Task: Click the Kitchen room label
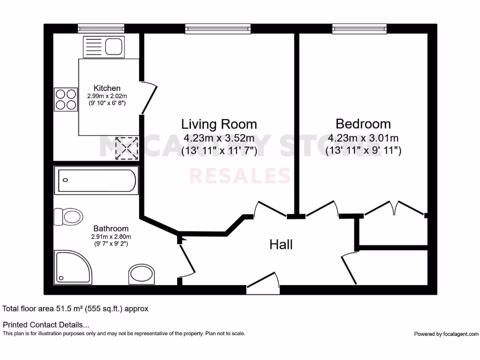[107, 88]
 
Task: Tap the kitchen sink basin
[114, 46]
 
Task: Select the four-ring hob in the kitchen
[66, 98]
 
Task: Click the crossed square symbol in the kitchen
[127, 148]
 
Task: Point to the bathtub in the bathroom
[96, 181]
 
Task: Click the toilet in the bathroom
[69, 217]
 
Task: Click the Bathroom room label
[111, 229]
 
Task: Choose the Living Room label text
[219, 124]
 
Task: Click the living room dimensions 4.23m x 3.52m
[219, 138]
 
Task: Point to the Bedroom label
[363, 124]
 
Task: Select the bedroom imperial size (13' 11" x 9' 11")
[363, 151]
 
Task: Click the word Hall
[281, 244]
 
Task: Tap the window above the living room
[217, 29]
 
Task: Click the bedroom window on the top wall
[360, 29]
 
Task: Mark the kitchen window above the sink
[101, 29]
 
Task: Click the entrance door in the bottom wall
[263, 285]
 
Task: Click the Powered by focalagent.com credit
[446, 334]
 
